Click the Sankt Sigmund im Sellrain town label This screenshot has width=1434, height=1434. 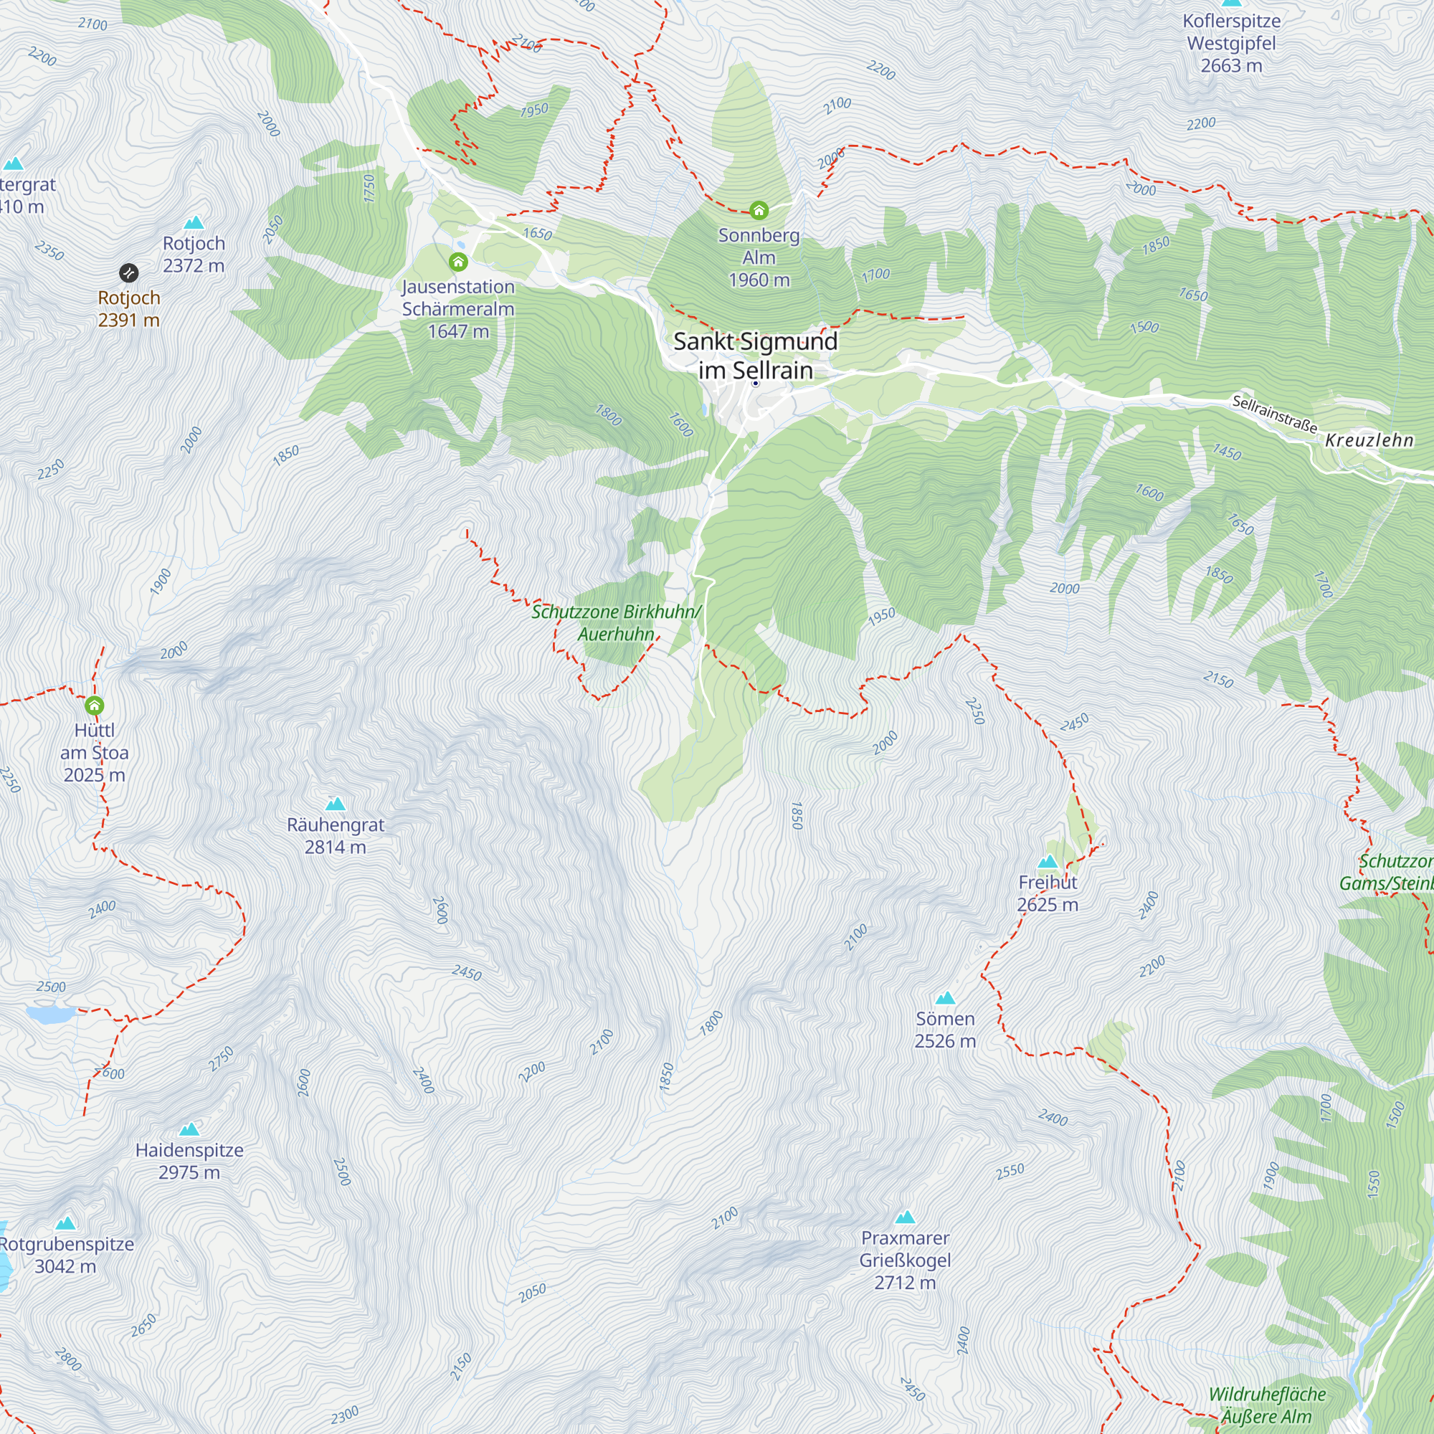755,355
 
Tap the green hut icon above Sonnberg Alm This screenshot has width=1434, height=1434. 758,211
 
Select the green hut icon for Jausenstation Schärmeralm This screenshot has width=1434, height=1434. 458,262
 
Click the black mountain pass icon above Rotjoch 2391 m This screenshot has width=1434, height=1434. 128,272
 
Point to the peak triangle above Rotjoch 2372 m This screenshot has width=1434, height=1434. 194,222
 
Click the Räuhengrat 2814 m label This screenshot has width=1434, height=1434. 336,835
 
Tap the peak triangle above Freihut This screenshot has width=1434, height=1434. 1048,862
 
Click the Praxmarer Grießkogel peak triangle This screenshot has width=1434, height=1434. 905,1217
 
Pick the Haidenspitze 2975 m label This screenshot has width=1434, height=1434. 189,1161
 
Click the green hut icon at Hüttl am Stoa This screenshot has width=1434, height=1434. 94,705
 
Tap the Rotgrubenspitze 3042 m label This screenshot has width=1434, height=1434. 66,1255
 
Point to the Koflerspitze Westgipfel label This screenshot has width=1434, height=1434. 1231,43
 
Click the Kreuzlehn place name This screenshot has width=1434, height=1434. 1369,440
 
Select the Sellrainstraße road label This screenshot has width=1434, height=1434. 1273,414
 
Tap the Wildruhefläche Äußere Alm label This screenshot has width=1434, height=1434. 1266,1405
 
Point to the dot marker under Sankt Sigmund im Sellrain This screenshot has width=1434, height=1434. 755,384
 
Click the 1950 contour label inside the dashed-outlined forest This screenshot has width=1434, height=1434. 533,110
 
